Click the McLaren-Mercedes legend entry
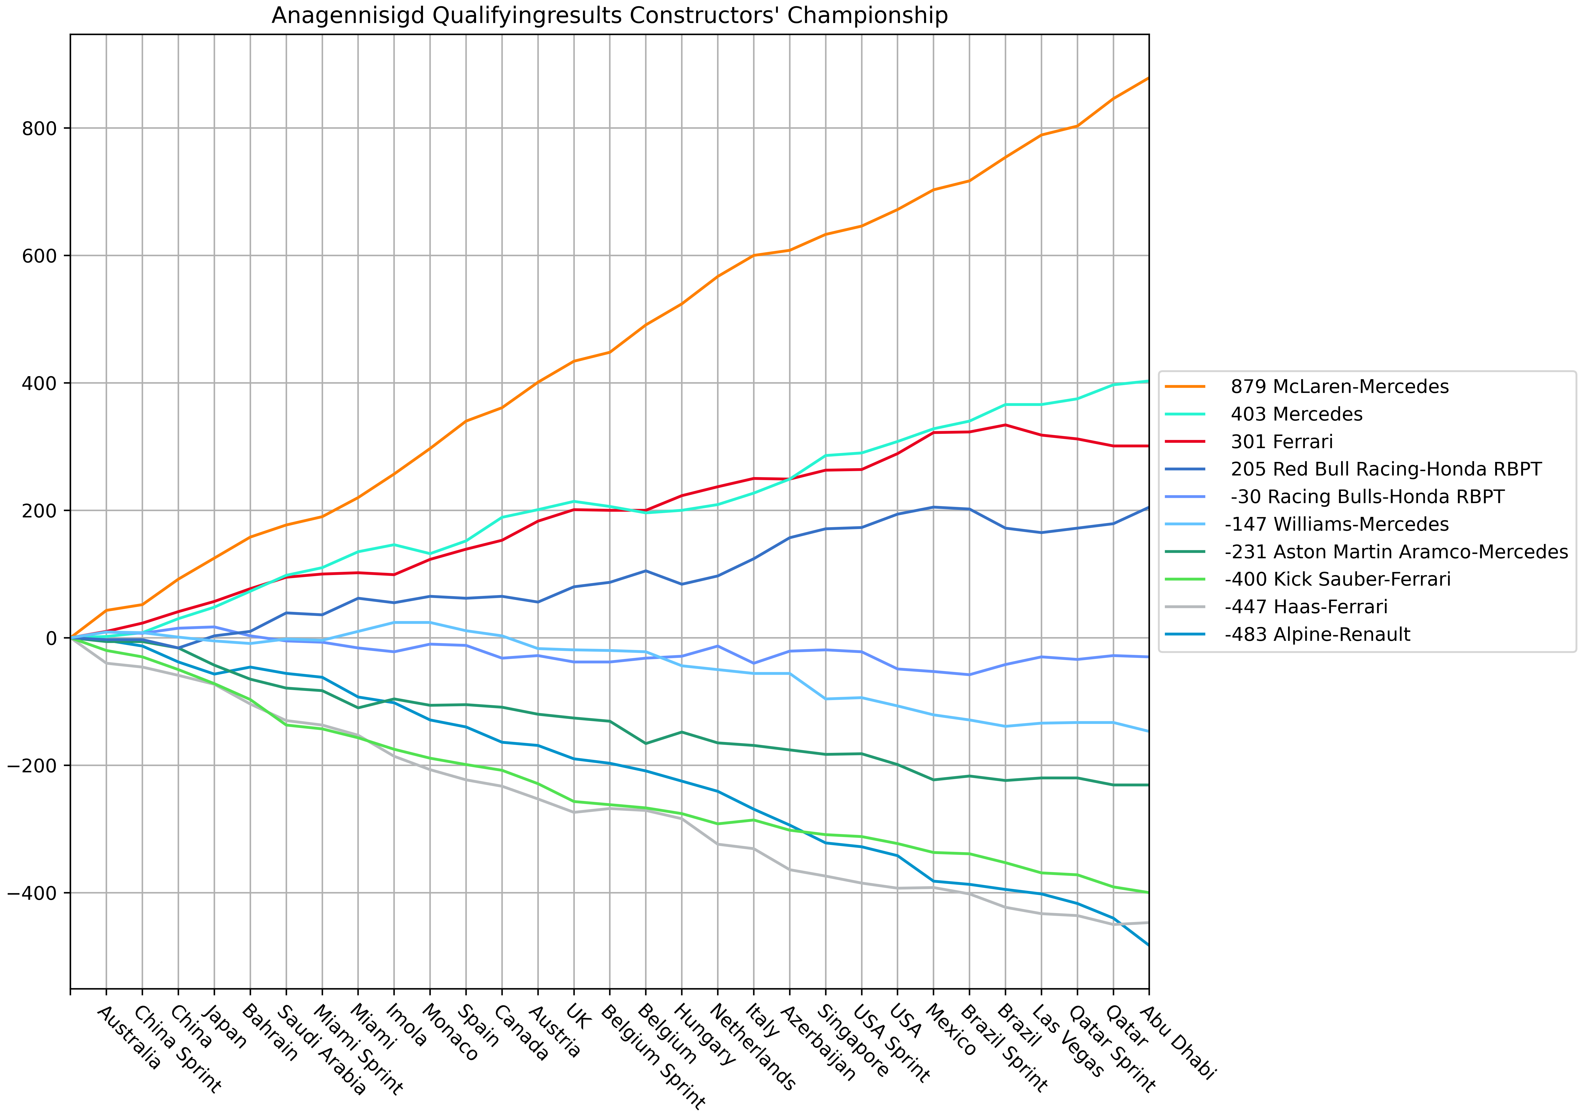[1339, 386]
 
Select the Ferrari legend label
[1282, 442]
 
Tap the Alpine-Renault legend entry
[1317, 635]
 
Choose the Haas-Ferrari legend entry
[1306, 607]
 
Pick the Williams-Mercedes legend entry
[1337, 524]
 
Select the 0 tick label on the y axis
[51, 638]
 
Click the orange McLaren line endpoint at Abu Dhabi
[1148, 78]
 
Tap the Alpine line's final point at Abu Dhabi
[1148, 945]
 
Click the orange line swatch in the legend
[1185, 386]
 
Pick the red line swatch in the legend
[1185, 442]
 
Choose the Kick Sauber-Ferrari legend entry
[1337, 579]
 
